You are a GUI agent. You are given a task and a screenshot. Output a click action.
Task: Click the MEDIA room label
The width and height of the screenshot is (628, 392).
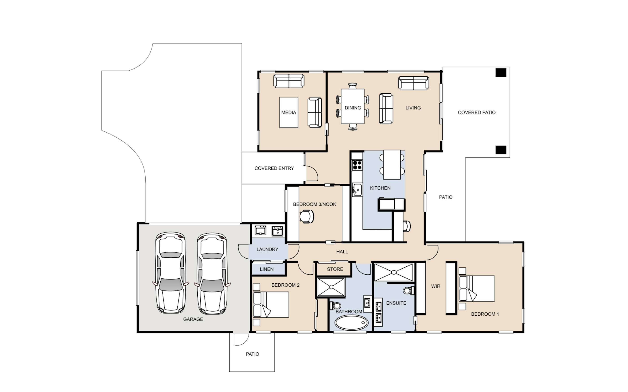pos(289,112)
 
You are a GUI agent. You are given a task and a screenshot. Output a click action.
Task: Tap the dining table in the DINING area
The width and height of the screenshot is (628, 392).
pos(353,106)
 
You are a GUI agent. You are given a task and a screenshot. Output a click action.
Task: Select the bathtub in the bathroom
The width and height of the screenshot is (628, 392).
pos(351,323)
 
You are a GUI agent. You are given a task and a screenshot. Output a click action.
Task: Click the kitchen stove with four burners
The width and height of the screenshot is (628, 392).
pos(357,165)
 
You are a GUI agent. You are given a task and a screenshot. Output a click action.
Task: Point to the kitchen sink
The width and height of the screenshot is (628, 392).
pos(357,190)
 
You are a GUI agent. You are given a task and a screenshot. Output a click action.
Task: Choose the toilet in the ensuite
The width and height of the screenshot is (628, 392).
pos(408,290)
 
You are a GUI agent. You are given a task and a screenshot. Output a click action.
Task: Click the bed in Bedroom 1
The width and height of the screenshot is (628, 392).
pos(477,288)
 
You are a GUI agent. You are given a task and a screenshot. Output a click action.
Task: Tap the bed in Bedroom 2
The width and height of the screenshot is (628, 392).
pos(271,305)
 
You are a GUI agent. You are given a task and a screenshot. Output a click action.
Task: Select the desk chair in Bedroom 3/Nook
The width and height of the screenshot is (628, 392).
pos(307,216)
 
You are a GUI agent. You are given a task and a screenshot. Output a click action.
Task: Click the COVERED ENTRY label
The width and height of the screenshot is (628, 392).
pos(274,168)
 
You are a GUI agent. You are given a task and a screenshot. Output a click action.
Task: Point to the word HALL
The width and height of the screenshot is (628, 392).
pos(342,252)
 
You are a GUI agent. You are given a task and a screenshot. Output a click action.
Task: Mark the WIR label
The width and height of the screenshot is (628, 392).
pos(436,286)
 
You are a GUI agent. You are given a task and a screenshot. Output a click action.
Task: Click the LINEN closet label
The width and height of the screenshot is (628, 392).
pos(267,269)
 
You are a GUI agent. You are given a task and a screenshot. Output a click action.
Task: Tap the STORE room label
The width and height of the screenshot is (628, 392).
pos(335,269)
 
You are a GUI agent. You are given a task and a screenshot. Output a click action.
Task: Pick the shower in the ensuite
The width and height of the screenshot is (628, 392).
pos(394,272)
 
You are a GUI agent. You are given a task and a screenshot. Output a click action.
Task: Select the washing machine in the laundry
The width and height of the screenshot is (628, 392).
pos(260,230)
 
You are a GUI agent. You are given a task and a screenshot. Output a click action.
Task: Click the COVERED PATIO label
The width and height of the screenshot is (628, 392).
pos(477,112)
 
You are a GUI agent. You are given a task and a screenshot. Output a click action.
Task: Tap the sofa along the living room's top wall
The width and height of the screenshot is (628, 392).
pos(414,83)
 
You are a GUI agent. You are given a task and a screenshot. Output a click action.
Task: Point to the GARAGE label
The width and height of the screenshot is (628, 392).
pos(193,319)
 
